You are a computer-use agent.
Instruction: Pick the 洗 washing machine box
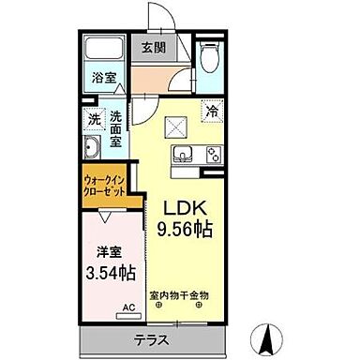click(93, 119)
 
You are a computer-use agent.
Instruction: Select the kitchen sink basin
click(180, 155)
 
